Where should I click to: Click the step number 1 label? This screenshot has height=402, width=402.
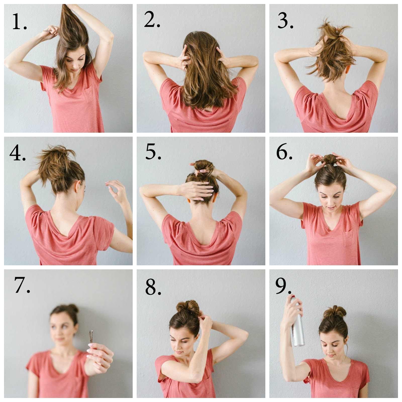coord(19,22)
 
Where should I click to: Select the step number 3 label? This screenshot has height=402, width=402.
coord(285,20)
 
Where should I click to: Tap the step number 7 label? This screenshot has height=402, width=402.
coord(22,285)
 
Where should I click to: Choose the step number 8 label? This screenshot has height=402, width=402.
coord(153,287)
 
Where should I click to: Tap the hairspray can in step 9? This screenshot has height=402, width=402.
coord(297,321)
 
